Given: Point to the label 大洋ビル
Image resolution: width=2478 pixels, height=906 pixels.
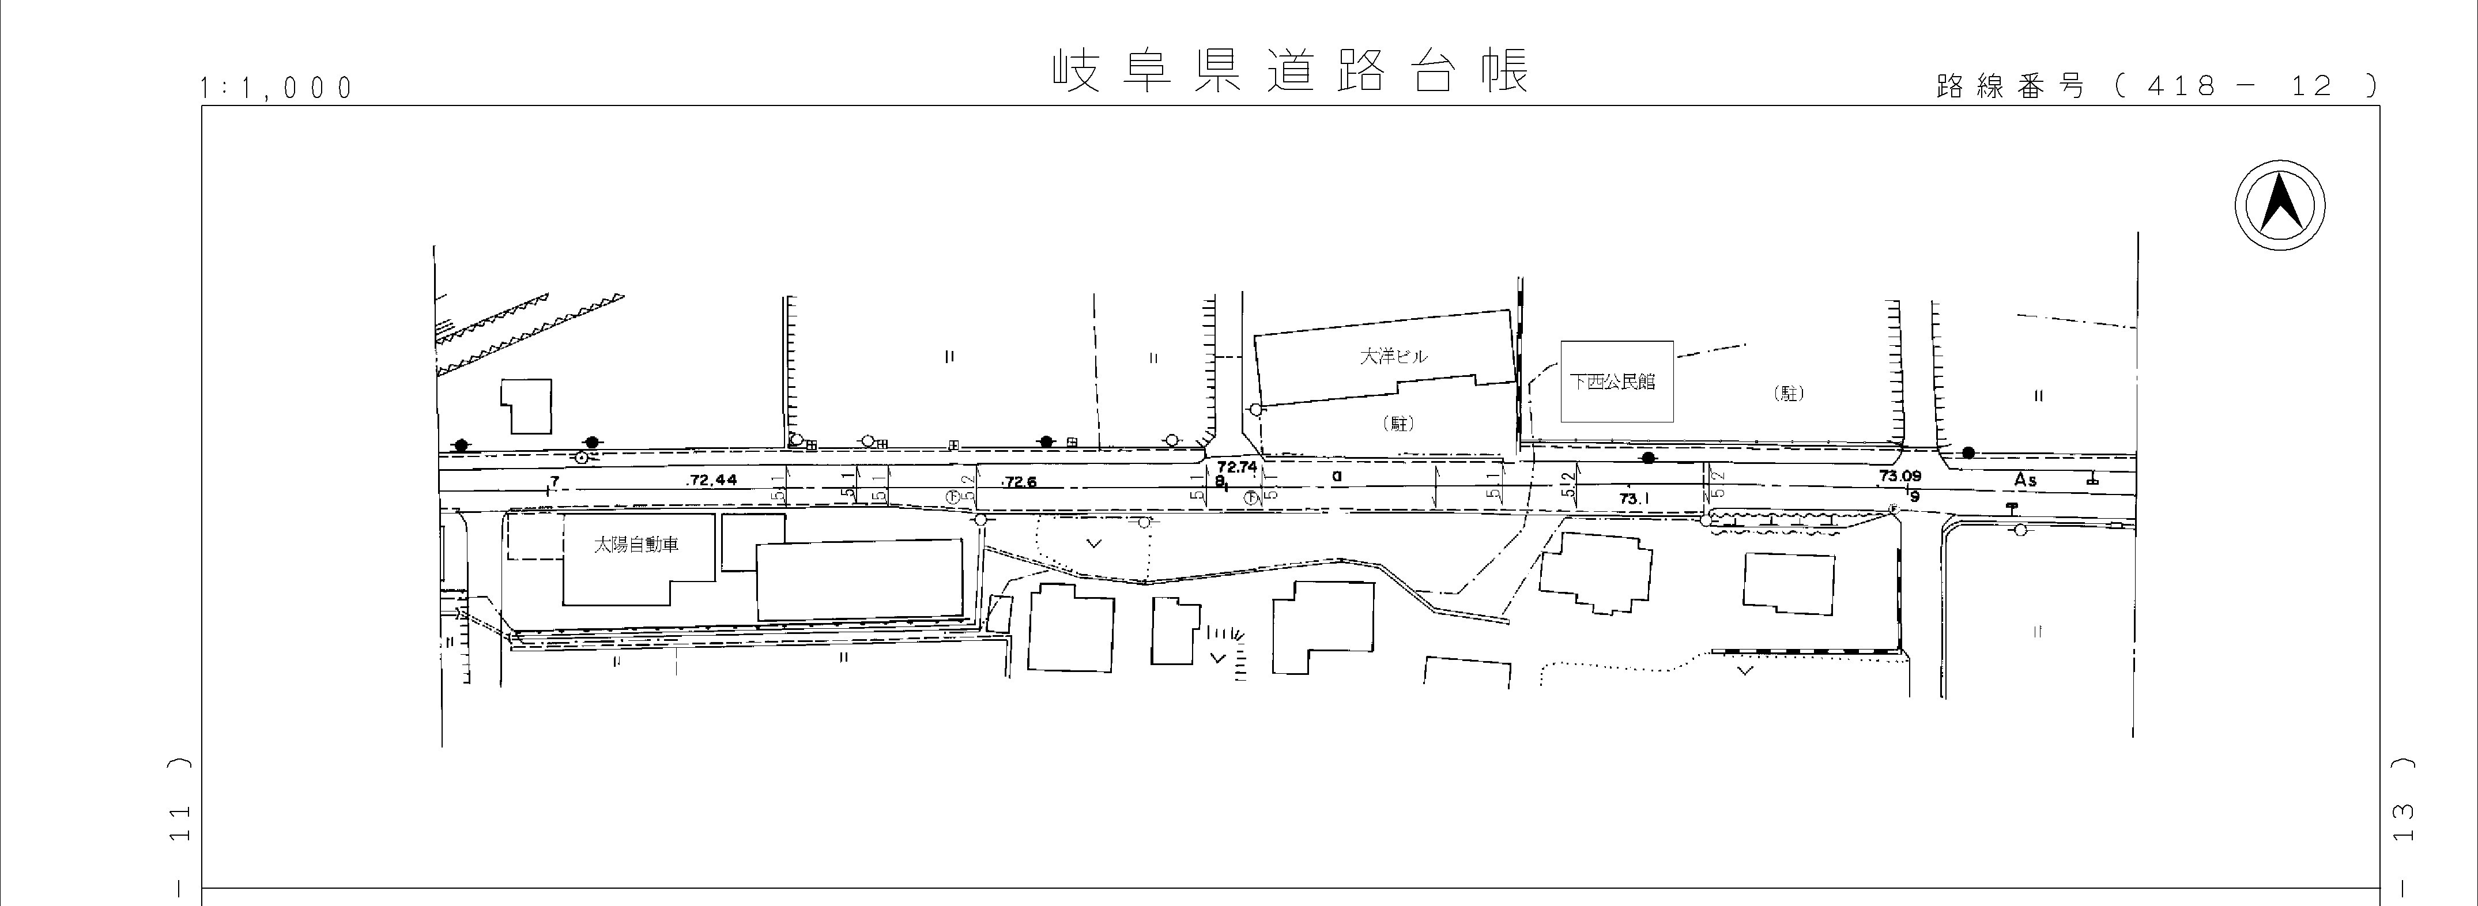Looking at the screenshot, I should pyautogui.click(x=1393, y=356).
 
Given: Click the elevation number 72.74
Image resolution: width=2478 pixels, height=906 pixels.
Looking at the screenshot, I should pyautogui.click(x=1236, y=466).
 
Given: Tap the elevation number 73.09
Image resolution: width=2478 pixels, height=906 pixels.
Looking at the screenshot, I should pyautogui.click(x=1899, y=475).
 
